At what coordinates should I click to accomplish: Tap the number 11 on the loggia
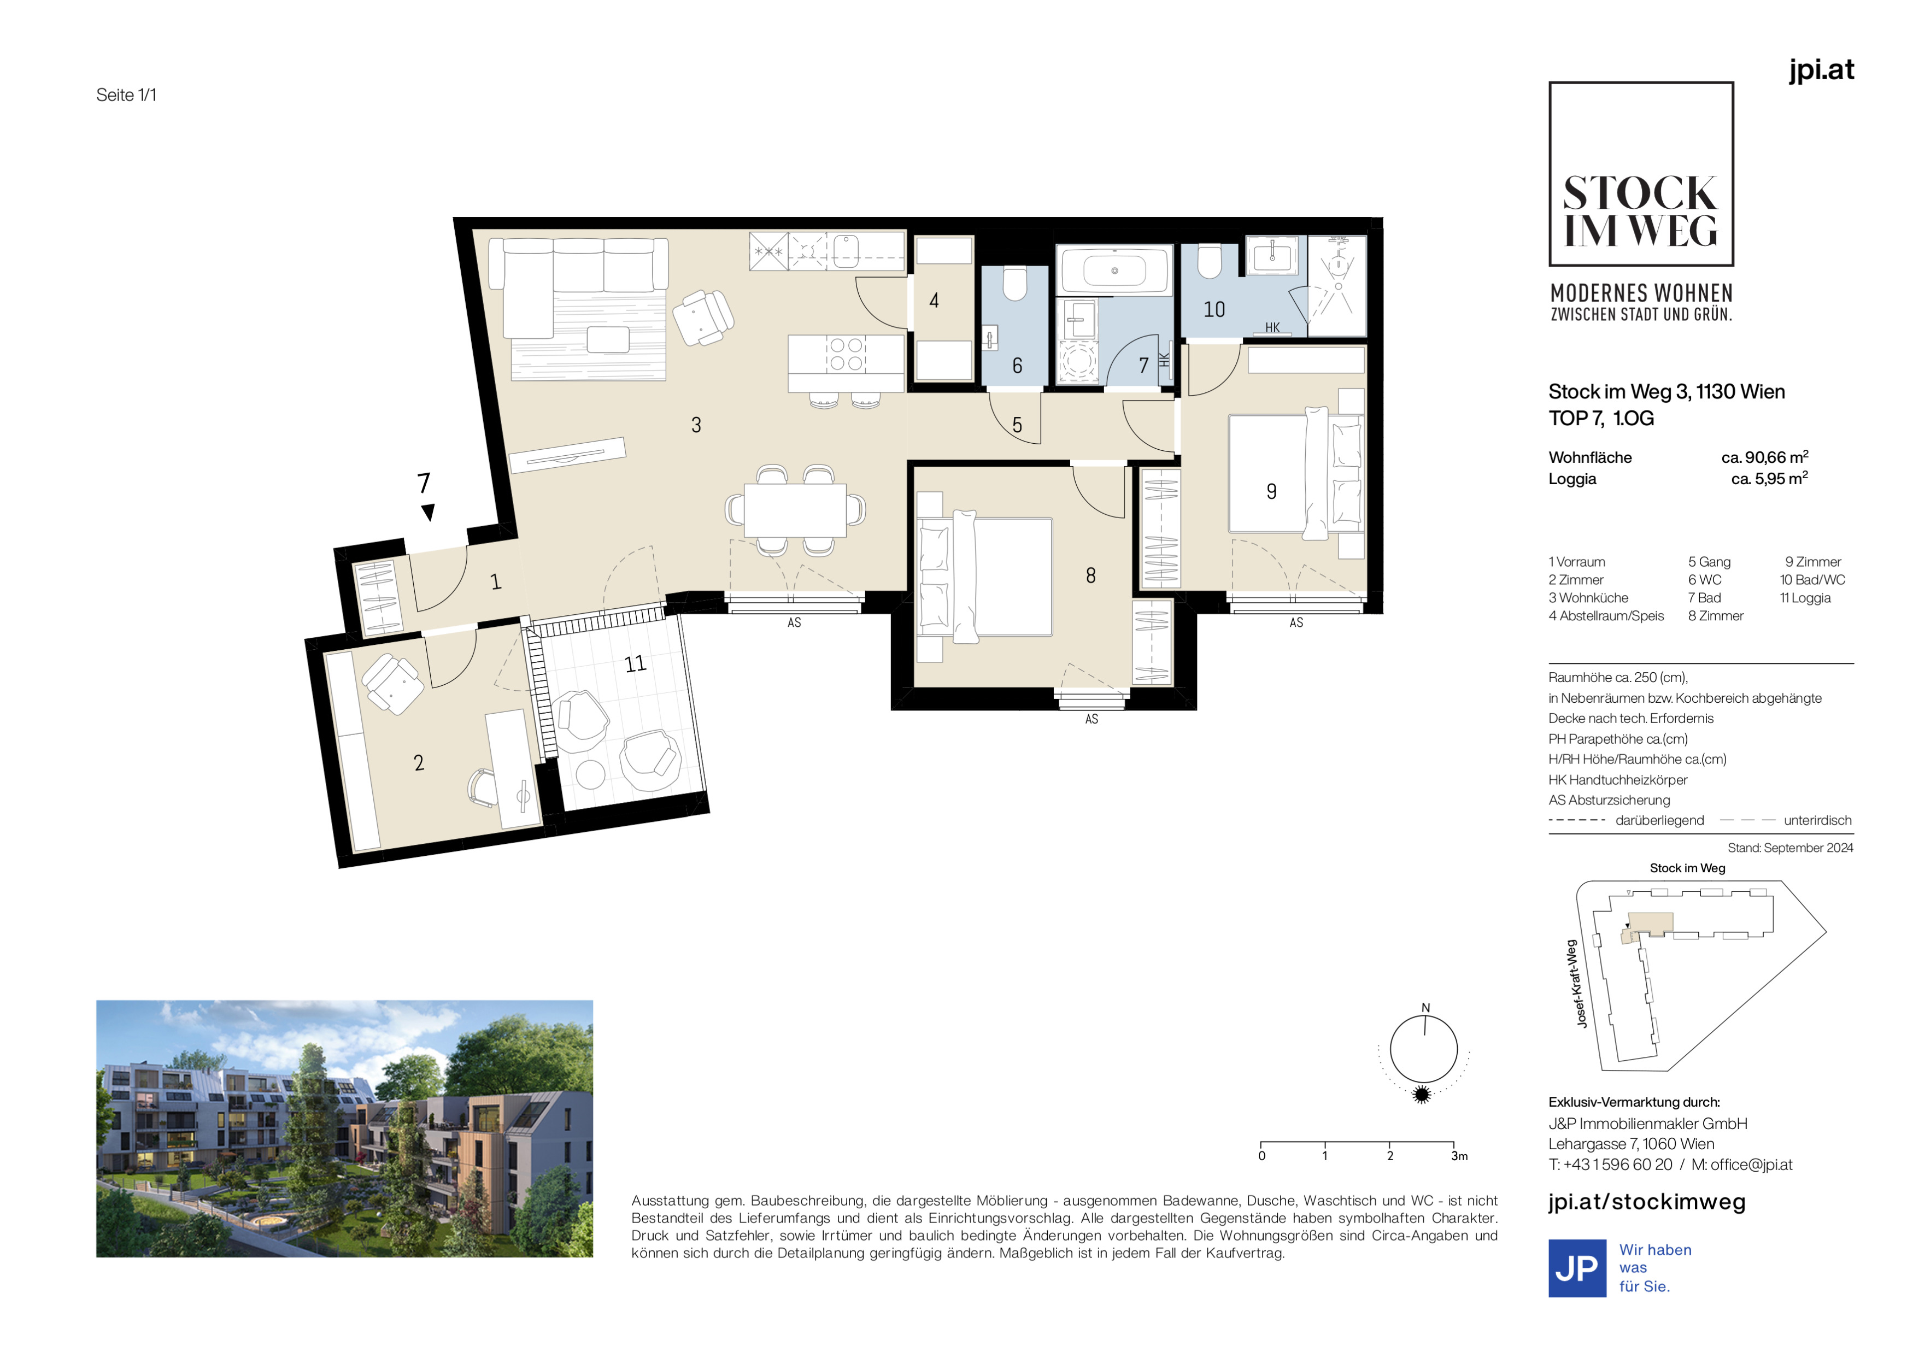coord(635,664)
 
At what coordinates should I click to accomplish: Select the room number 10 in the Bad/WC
coord(1214,310)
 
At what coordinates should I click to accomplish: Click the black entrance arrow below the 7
coord(427,512)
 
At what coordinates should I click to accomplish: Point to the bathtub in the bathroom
coord(1115,271)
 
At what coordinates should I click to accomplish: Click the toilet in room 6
coord(1015,283)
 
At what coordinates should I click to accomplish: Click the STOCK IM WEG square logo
coord(1641,174)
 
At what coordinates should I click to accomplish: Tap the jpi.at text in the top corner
coord(1821,69)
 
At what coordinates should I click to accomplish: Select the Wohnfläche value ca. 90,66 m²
coord(1765,457)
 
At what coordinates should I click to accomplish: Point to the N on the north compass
coord(1425,1008)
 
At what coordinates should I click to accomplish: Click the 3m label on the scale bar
coord(1459,1156)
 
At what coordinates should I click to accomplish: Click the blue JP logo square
coord(1577,1268)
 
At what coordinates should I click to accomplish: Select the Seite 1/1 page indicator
coord(127,95)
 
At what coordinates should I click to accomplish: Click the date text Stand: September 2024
coord(1791,848)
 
